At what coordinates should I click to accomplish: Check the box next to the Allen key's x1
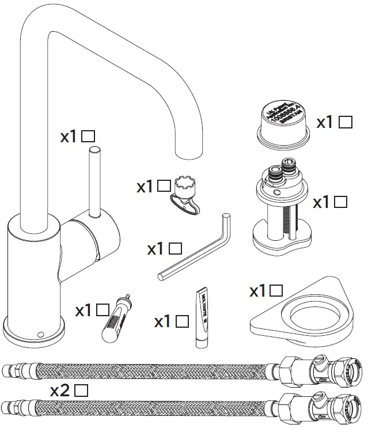176,249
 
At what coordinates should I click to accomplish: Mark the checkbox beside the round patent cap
346,122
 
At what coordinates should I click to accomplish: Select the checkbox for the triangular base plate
276,291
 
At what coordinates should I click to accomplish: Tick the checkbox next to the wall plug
103,310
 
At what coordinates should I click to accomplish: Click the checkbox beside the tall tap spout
88,137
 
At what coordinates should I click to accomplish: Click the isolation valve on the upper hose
321,368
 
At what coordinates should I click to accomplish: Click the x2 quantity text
61,391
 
